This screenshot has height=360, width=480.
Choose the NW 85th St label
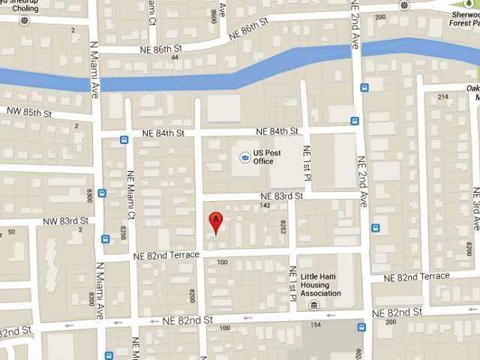28,112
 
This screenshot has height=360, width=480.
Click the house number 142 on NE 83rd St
264,205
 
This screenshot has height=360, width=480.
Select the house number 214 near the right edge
443,97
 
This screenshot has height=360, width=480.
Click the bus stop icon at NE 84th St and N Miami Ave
124,139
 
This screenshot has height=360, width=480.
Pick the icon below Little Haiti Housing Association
314,305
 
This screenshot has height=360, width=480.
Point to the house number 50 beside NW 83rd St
10,232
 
